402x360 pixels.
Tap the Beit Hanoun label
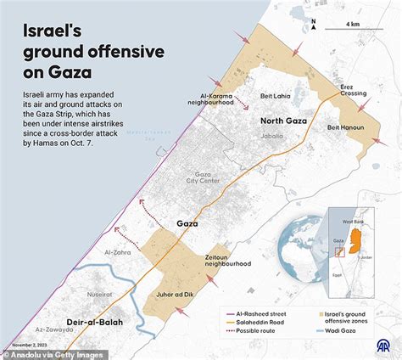pos(345,128)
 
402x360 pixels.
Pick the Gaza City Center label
pos(202,179)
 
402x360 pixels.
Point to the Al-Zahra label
pos(118,253)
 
